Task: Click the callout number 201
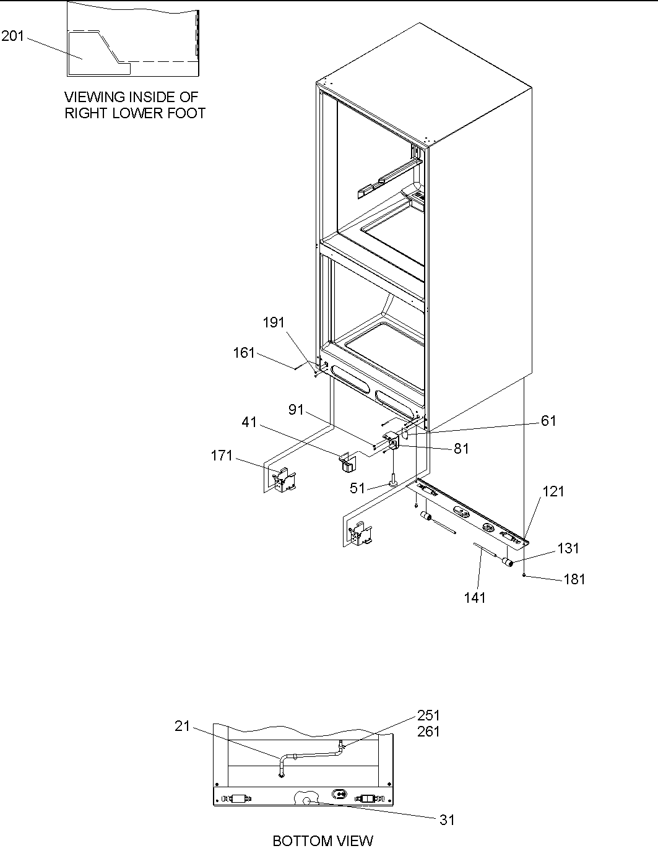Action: coord(12,37)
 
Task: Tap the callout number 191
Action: coord(274,322)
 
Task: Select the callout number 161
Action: coord(244,353)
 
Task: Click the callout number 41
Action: coord(249,423)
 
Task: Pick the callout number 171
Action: coord(222,456)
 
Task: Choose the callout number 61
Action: coord(548,421)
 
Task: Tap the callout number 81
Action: coord(461,449)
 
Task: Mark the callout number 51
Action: coord(358,488)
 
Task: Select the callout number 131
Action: coord(568,548)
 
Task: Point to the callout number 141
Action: coord(475,597)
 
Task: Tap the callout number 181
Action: coord(574,579)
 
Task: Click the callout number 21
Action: coord(182,726)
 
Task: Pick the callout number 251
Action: coord(428,716)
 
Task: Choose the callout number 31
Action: coord(447,819)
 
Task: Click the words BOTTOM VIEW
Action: coord(323,840)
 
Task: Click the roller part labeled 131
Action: coord(508,562)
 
